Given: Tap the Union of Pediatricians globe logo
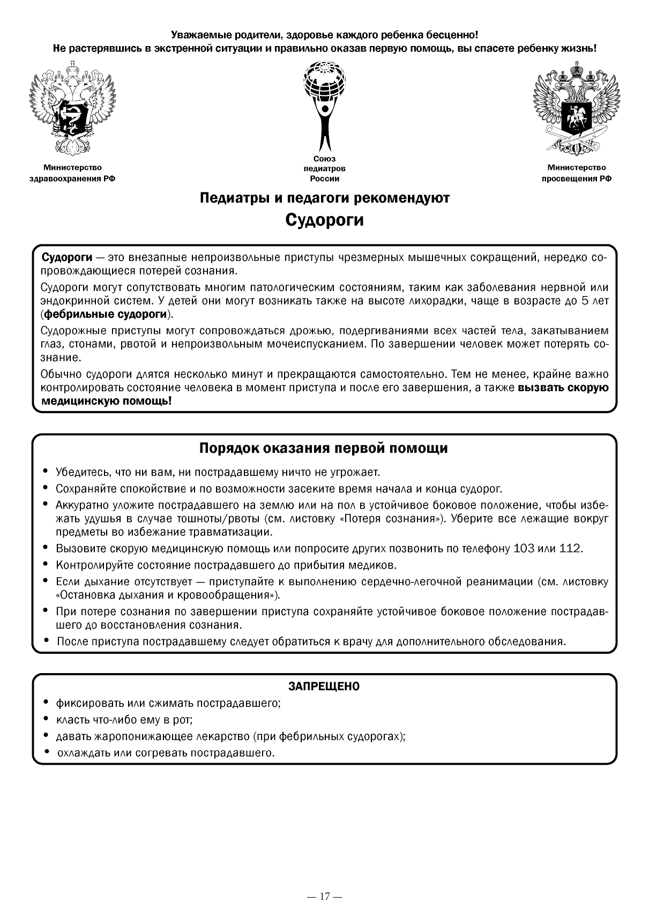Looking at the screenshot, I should pyautogui.click(x=324, y=105).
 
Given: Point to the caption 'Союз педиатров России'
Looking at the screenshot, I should pyautogui.click(x=324, y=169).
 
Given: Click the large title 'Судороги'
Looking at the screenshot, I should pyautogui.click(x=324, y=220).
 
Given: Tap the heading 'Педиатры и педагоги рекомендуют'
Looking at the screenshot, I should pyautogui.click(x=324, y=198).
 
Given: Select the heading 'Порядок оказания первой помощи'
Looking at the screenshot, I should pyautogui.click(x=324, y=448).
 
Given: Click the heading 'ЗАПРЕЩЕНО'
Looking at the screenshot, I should pyautogui.click(x=324, y=686).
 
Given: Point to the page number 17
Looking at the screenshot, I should pyautogui.click(x=324, y=896).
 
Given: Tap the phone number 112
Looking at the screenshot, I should pyautogui.click(x=570, y=549).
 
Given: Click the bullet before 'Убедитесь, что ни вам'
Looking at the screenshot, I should pyautogui.click(x=45, y=472).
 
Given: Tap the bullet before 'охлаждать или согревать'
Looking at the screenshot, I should pyautogui.click(x=47, y=752).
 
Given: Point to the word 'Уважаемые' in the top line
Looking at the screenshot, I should pyautogui.click(x=196, y=35).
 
